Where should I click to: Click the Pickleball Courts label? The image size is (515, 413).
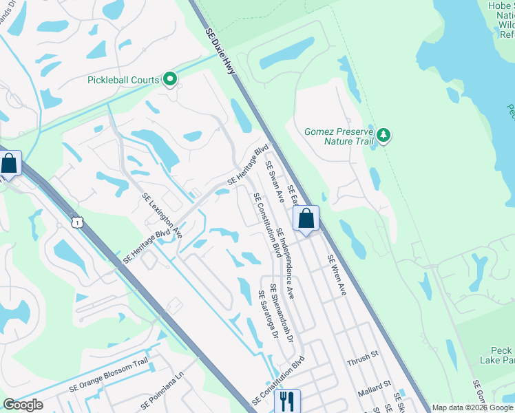[123, 80]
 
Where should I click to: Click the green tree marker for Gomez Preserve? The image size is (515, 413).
[383, 136]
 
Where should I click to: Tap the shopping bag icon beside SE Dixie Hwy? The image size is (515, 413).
[306, 219]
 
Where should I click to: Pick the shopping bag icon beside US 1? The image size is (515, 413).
[9, 164]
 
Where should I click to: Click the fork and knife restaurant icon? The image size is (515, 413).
[287, 400]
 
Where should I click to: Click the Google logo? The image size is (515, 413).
[23, 404]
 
